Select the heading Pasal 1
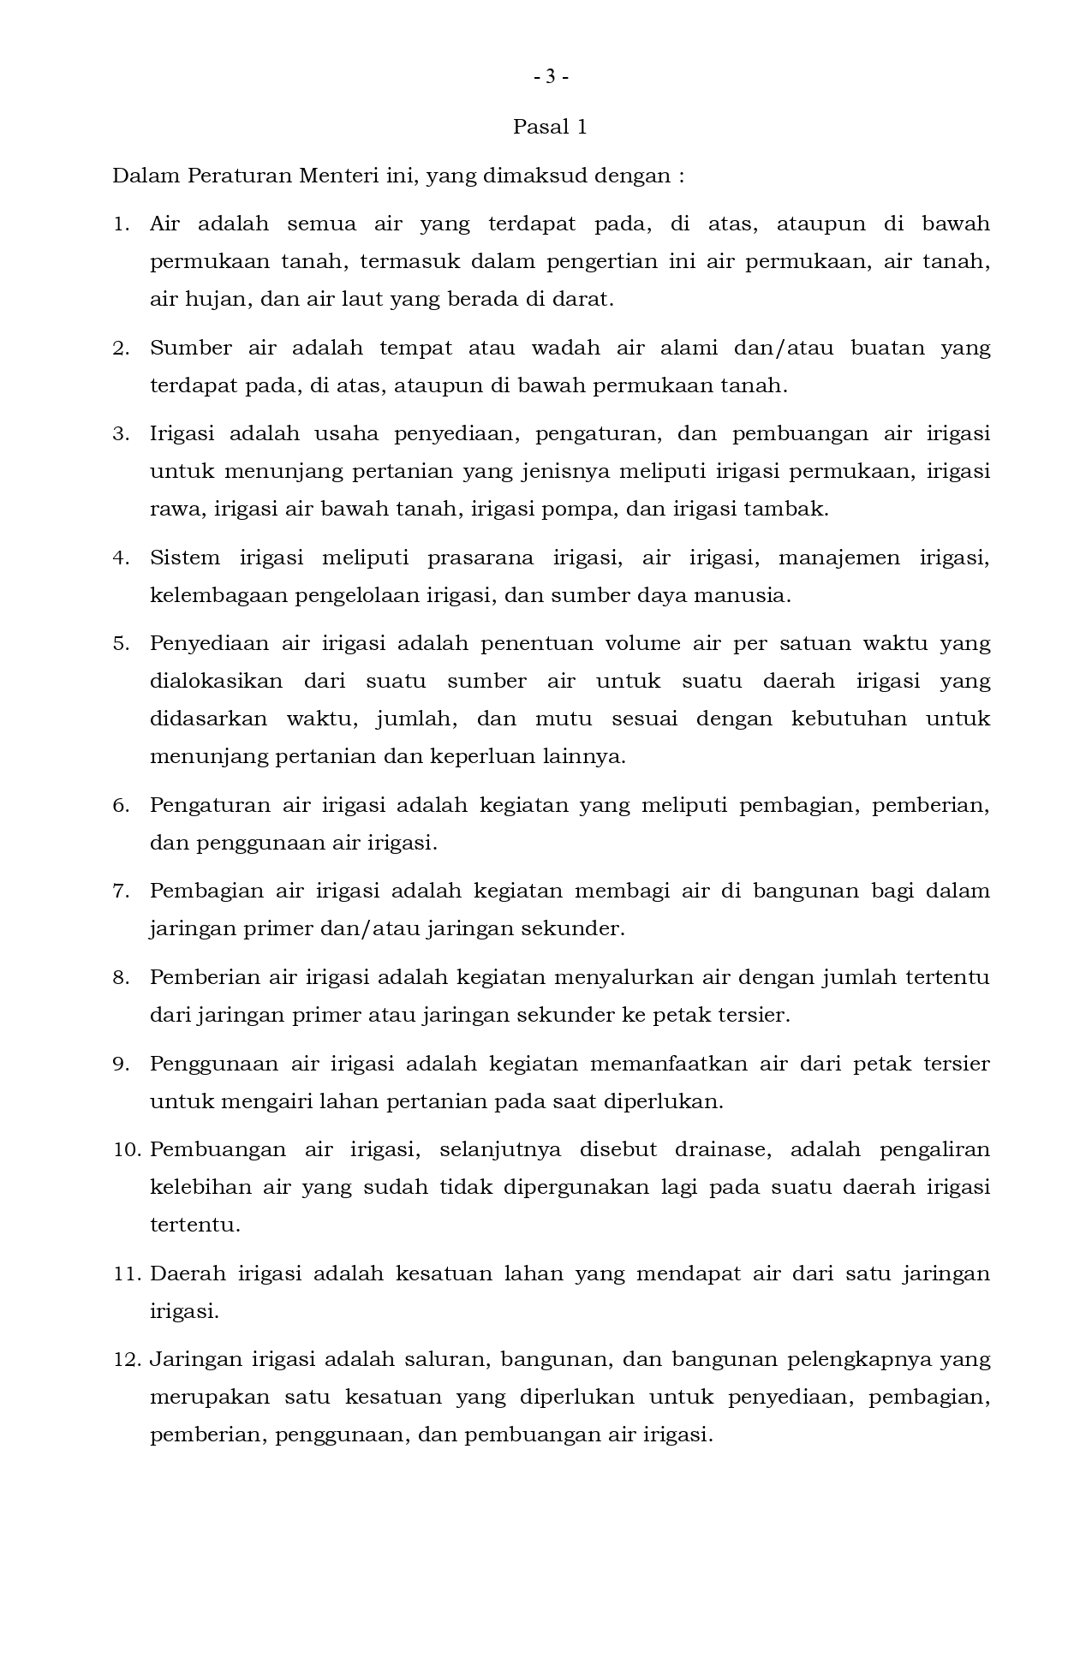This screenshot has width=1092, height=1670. pyautogui.click(x=550, y=128)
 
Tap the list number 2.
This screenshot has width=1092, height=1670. pyautogui.click(x=120, y=349)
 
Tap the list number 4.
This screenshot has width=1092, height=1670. pyautogui.click(x=120, y=558)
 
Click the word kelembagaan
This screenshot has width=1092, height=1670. pyautogui.click(x=218, y=596)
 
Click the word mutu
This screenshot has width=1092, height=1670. pyautogui.click(x=564, y=719)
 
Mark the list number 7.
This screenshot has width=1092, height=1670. pyautogui.click(x=120, y=892)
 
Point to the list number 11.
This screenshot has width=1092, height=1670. pyautogui.click(x=125, y=1274)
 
